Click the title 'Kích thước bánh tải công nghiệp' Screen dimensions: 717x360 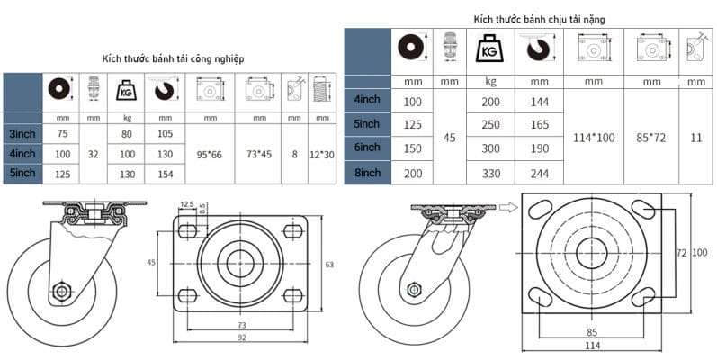point(173,59)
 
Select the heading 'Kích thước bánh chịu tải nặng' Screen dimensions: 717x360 point(539,19)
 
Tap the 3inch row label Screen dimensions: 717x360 point(22,134)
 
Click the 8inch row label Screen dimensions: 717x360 point(367,173)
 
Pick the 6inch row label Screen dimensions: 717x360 point(367,148)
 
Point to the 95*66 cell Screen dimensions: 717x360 point(210,155)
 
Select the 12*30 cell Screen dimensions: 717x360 point(322,155)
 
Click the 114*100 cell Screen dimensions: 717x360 point(594,138)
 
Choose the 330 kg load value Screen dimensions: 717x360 point(490,174)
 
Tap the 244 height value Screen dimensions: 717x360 point(540,174)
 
